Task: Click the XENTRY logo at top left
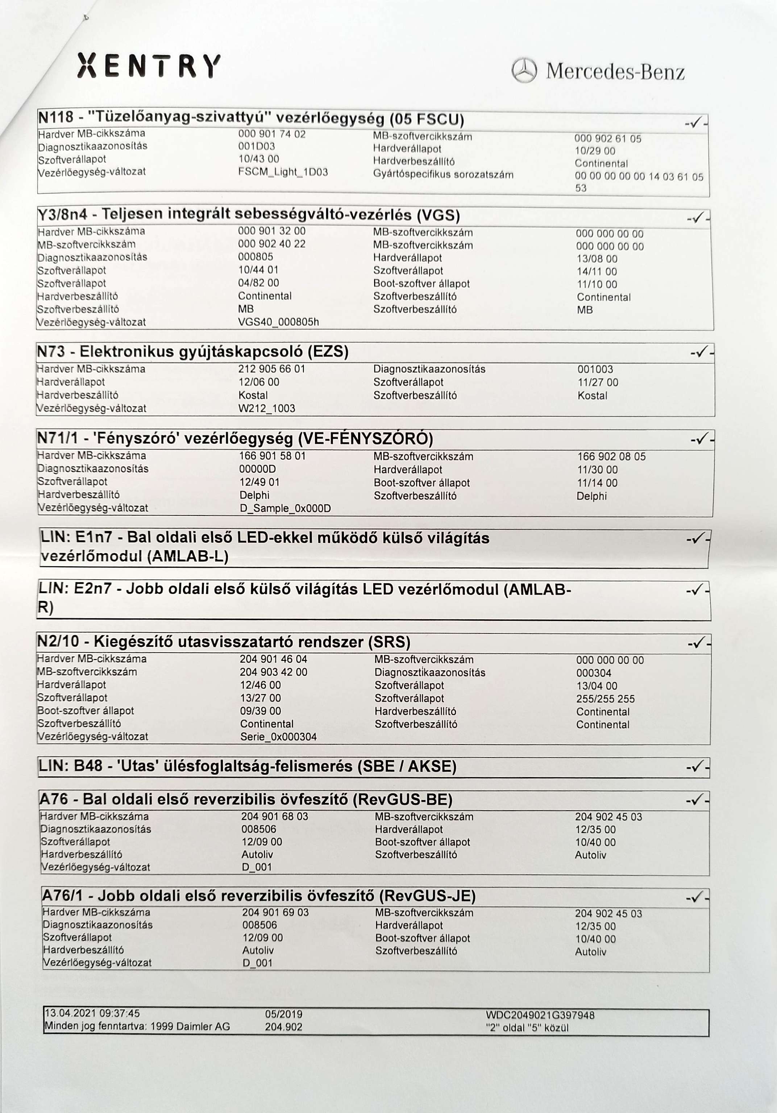click(149, 66)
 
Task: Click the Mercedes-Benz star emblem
click(524, 71)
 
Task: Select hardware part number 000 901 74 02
click(271, 134)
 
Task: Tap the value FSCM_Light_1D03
click(283, 172)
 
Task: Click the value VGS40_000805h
click(278, 322)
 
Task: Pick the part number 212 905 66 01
click(271, 369)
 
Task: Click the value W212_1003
click(267, 408)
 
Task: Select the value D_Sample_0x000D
click(285, 508)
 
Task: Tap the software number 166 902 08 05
click(611, 457)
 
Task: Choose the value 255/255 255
click(605, 699)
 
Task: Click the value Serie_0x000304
click(278, 737)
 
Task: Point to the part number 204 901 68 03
click(274, 816)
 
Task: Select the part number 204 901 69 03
click(275, 912)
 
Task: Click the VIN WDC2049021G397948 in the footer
click(540, 1014)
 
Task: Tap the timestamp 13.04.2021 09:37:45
click(92, 1013)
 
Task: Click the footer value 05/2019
click(284, 1014)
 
